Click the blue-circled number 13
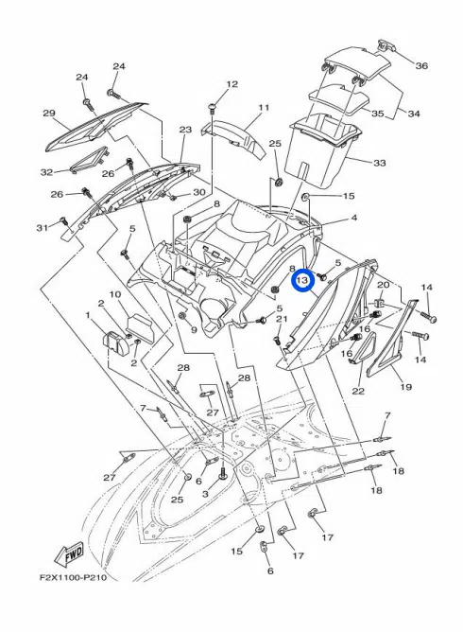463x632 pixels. pyautogui.click(x=302, y=280)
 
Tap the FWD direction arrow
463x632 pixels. pyautogui.click(x=69, y=555)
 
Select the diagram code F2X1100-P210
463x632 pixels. pyautogui.click(x=73, y=578)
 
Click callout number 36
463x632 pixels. pyautogui.click(x=421, y=65)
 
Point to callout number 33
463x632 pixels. pyautogui.click(x=379, y=163)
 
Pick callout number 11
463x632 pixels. pyautogui.click(x=264, y=108)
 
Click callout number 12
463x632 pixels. pyautogui.click(x=232, y=84)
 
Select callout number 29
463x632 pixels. pyautogui.click(x=49, y=114)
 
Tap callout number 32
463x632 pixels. pyautogui.click(x=46, y=172)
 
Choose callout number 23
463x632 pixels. pyautogui.click(x=185, y=130)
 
